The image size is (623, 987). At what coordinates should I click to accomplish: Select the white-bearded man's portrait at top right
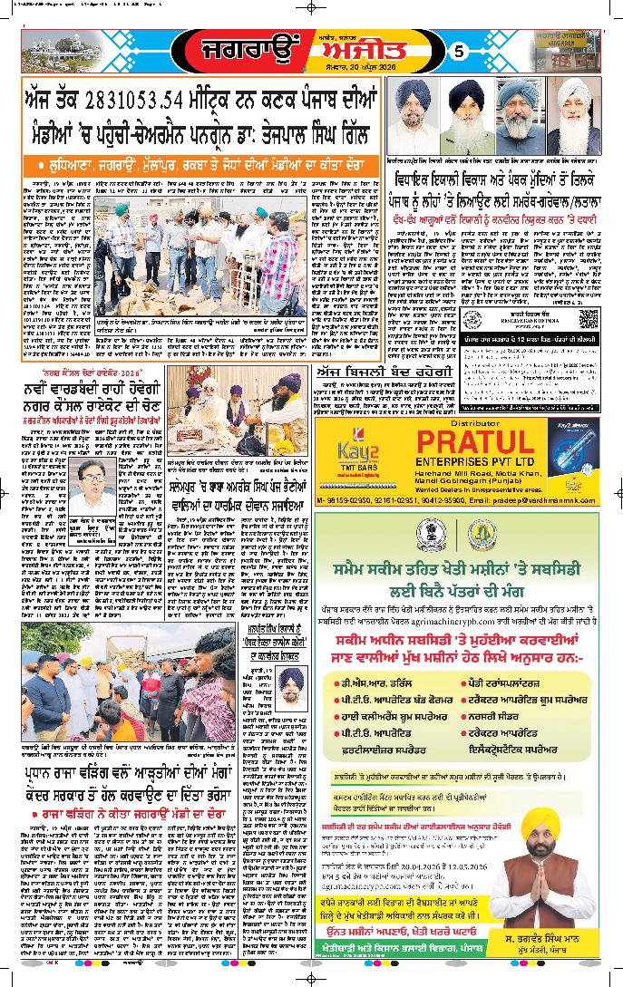coord(576,112)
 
